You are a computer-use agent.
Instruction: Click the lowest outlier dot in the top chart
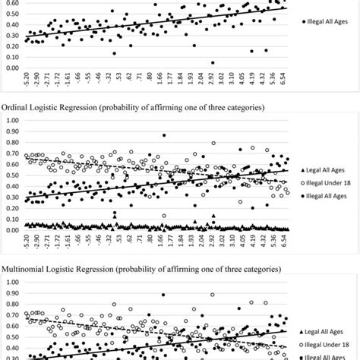212,63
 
